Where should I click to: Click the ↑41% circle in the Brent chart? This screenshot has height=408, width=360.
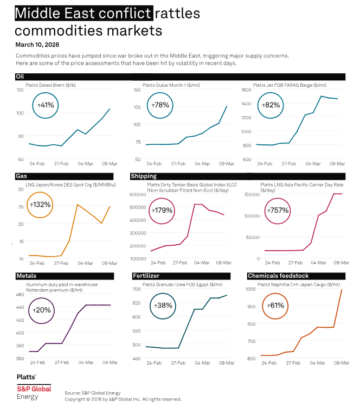[47, 105]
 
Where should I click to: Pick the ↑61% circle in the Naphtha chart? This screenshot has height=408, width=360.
[275, 305]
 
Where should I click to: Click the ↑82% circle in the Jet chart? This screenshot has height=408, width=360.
[272, 105]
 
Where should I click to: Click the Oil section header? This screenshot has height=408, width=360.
[20, 76]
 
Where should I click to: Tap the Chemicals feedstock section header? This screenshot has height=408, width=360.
[274, 276]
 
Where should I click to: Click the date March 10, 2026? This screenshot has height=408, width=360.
[37, 44]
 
